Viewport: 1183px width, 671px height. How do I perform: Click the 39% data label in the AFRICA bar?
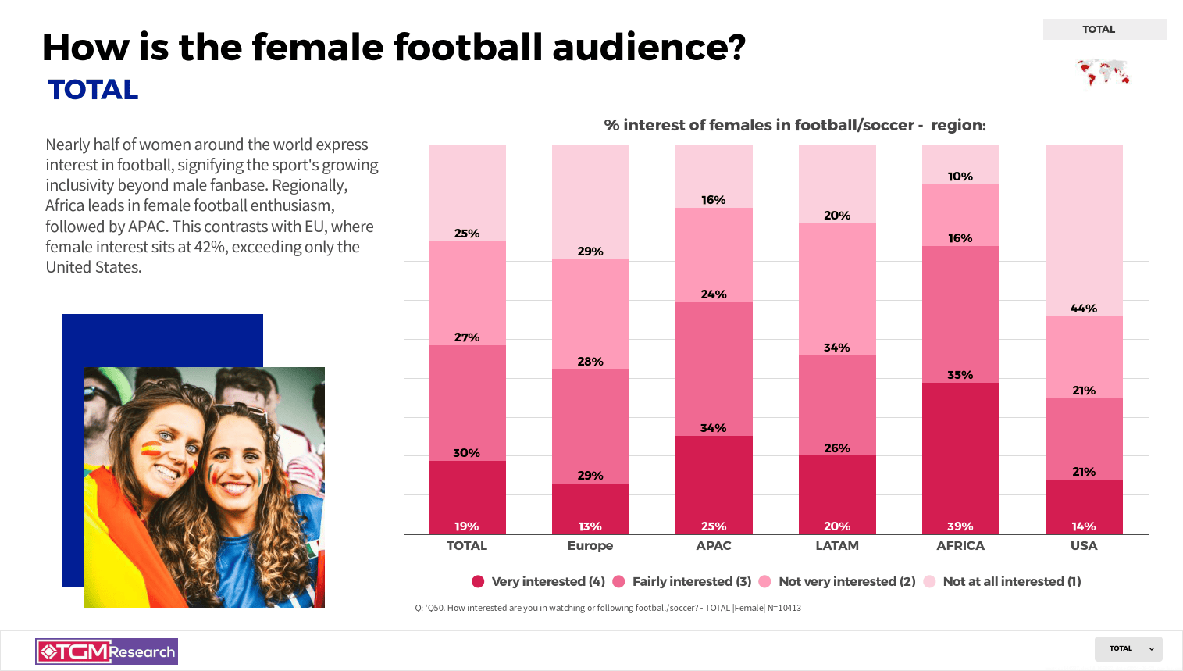[960, 526]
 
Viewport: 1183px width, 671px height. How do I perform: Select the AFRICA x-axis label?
[960, 545]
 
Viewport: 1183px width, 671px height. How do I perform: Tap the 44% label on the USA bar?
[1083, 309]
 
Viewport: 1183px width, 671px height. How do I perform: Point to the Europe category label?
[590, 545]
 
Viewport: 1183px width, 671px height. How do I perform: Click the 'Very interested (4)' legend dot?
[478, 581]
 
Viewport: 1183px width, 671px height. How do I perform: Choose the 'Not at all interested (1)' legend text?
[1011, 581]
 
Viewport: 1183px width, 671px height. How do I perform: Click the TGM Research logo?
[107, 651]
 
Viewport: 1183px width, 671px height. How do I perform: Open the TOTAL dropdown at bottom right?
[1128, 648]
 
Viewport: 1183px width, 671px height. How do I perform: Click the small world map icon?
[1103, 73]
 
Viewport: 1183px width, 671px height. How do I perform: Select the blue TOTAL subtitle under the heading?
[93, 90]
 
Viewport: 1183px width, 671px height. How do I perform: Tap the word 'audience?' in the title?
[649, 48]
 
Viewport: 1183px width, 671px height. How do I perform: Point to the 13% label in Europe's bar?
[590, 526]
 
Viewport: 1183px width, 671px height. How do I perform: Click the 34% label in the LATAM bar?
[836, 348]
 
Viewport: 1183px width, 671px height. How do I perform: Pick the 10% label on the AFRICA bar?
[960, 177]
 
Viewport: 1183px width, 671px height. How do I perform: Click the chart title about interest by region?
[794, 125]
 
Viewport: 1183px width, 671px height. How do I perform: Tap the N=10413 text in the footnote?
[784, 608]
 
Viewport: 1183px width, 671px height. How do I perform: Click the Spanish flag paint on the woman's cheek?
[151, 450]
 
